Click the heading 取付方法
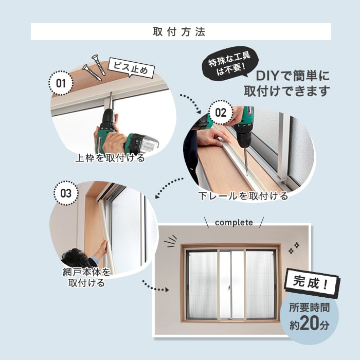click(179, 32)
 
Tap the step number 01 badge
click(61, 83)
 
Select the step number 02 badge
click(221, 113)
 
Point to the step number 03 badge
click(66, 193)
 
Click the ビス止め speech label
click(131, 67)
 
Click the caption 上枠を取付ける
click(110, 158)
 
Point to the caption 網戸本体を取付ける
click(86, 278)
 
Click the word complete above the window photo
click(234, 223)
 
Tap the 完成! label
click(312, 283)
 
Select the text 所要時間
click(309, 308)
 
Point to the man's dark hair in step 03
click(76, 258)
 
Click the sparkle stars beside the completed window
click(294, 248)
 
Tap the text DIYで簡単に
click(293, 76)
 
